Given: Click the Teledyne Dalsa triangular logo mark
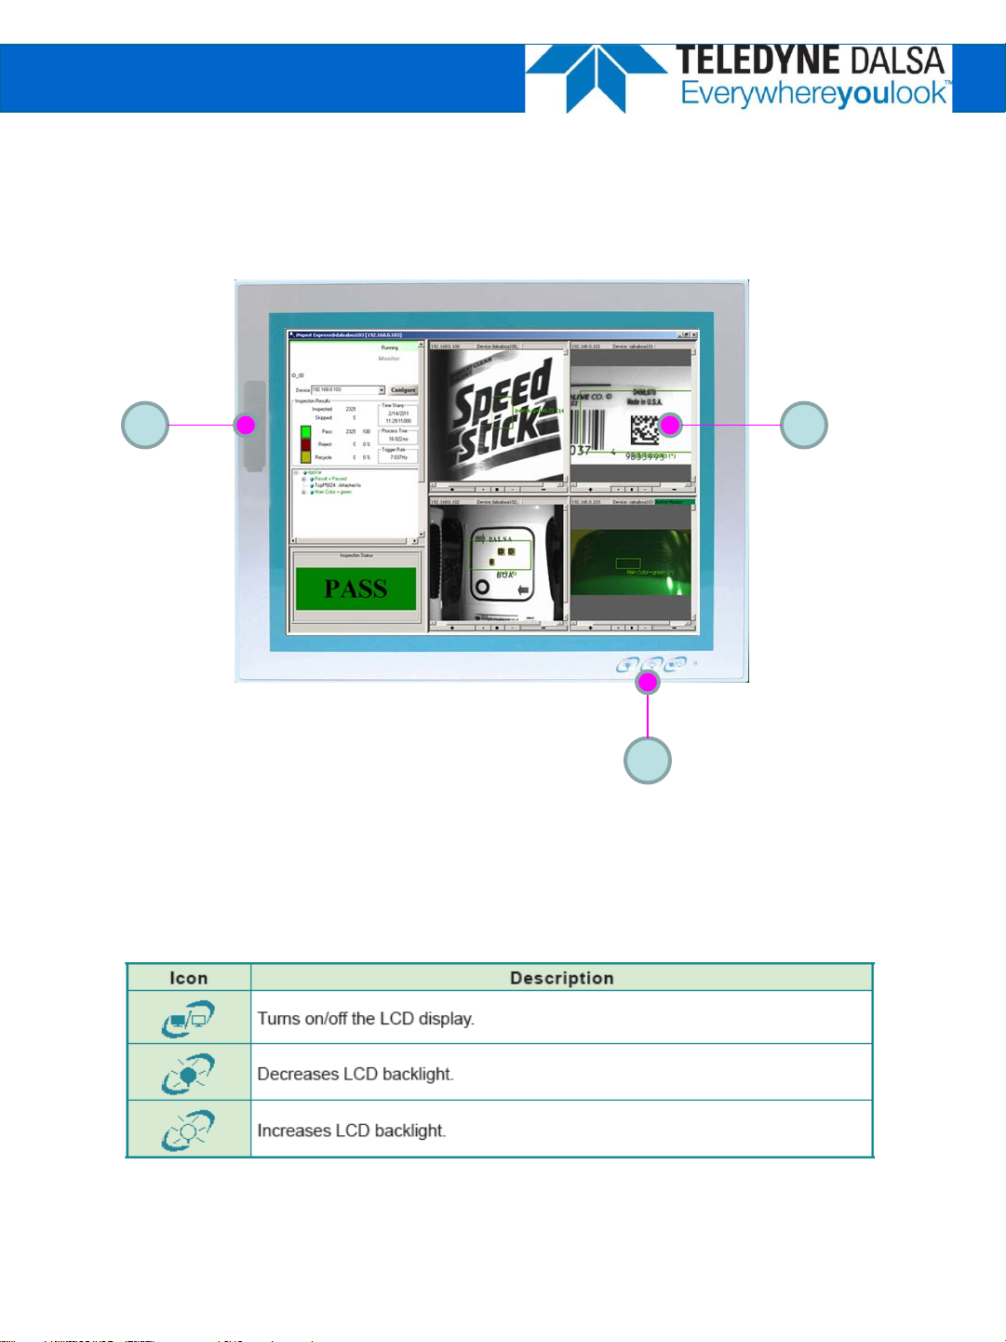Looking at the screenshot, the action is [596, 78].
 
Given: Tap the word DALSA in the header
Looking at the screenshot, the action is [897, 61].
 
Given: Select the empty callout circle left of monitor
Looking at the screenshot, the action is [145, 426].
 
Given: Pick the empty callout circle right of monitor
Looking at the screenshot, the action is [803, 426].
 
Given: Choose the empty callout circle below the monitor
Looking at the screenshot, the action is [648, 760].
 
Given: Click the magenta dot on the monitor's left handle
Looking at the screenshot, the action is [246, 426].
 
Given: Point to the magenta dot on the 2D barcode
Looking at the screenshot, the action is [670, 426].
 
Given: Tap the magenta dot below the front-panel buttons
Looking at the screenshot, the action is [648, 683].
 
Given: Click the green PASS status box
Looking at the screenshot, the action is [355, 589].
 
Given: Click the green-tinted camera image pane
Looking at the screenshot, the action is [631, 562].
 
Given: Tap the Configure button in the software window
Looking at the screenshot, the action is [403, 390].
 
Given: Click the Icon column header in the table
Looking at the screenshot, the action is [189, 978].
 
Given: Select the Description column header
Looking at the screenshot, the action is [561, 978].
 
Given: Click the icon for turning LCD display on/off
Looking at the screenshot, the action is [188, 1018].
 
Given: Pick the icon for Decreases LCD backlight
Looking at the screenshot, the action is [188, 1074].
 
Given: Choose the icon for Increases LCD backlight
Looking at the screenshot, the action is [188, 1130].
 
